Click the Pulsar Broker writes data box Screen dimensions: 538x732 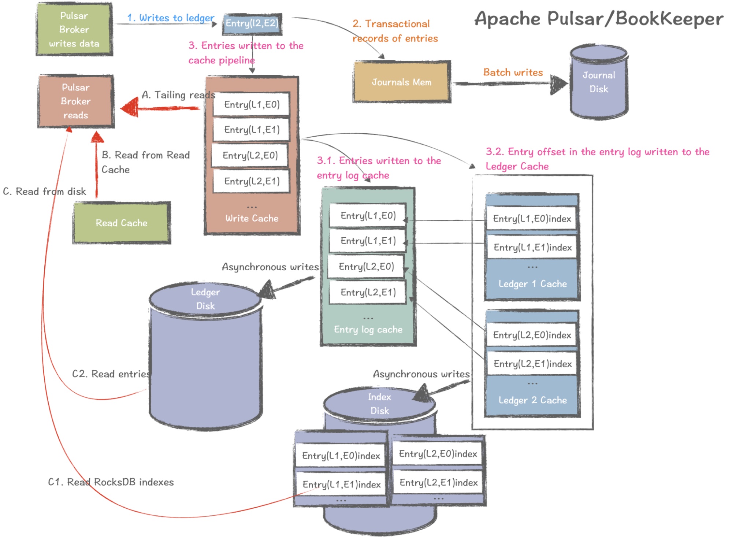[x=74, y=29]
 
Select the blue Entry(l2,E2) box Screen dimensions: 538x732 [x=252, y=24]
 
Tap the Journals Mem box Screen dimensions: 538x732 [x=402, y=82]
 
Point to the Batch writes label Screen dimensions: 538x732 [x=513, y=73]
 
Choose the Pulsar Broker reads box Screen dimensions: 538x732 [x=76, y=101]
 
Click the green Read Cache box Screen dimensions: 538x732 [x=122, y=223]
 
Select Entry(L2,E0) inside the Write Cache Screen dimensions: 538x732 [x=250, y=156]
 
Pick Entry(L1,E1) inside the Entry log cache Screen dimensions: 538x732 [x=368, y=241]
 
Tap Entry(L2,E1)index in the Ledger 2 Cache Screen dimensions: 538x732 [x=532, y=364]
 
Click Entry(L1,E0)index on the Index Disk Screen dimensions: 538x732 [x=341, y=456]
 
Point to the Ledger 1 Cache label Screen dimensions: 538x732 [x=532, y=284]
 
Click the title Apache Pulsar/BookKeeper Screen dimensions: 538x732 [x=599, y=19]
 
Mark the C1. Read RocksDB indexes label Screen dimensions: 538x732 [x=111, y=482]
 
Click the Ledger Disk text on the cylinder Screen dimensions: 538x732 [x=205, y=299]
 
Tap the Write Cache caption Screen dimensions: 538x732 [x=252, y=218]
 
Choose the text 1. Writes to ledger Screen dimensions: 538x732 [x=171, y=18]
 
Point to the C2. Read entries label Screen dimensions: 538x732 [x=111, y=374]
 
